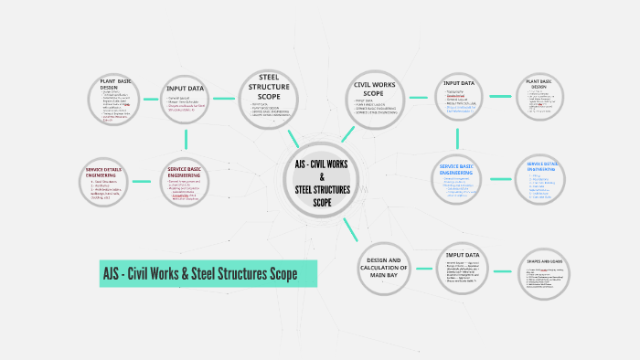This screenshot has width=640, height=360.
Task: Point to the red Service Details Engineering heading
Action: [x=107, y=171]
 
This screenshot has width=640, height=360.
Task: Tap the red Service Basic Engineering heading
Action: [x=190, y=171]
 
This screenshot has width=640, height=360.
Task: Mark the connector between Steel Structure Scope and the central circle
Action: [x=293, y=137]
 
